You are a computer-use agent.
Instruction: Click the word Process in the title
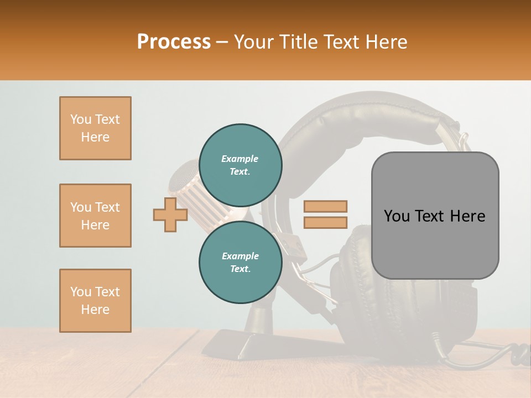[x=174, y=42]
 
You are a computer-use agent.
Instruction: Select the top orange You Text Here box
[x=95, y=128]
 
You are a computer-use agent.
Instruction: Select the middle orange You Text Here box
[x=95, y=216]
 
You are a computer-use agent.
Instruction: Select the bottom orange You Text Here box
[x=95, y=301]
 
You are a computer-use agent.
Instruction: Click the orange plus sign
[x=170, y=214]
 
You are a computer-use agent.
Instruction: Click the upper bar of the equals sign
[x=325, y=206]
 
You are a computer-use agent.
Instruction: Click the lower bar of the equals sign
[x=325, y=222]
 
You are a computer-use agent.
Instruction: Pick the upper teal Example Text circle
[x=240, y=165]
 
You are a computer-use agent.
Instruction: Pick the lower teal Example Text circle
[x=240, y=263]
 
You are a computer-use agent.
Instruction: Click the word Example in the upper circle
[x=240, y=159]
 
